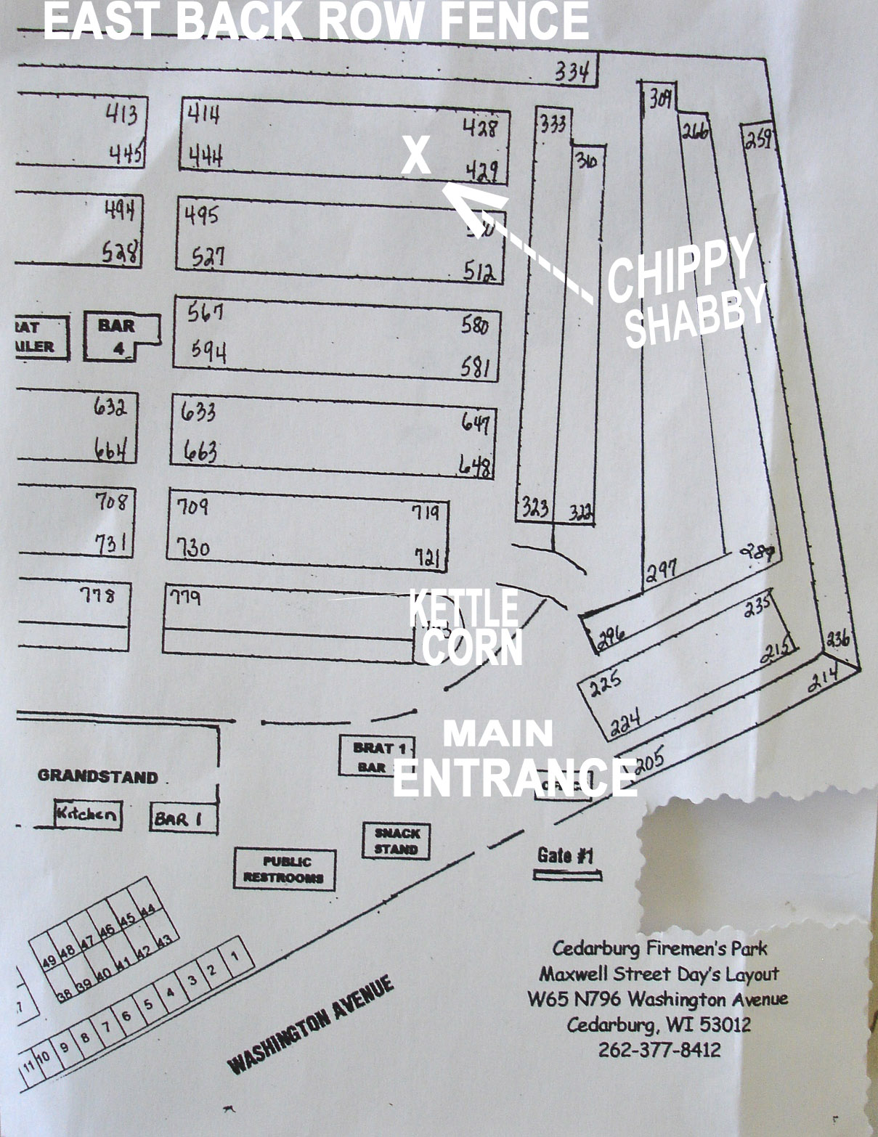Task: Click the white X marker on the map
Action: tap(416, 155)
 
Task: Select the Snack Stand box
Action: tap(397, 841)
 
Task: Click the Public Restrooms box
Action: tap(285, 868)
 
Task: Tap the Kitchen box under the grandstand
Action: tap(87, 813)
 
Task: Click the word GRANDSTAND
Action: tap(98, 776)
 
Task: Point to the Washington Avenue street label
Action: tap(312, 1025)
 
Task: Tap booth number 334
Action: tap(573, 71)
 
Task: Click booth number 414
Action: tap(204, 114)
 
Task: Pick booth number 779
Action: tap(185, 598)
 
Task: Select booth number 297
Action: tap(662, 568)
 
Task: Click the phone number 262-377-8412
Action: tap(659, 1049)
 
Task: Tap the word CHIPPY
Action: tap(680, 266)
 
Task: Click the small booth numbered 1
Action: tap(235, 956)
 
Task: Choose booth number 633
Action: tap(199, 412)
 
